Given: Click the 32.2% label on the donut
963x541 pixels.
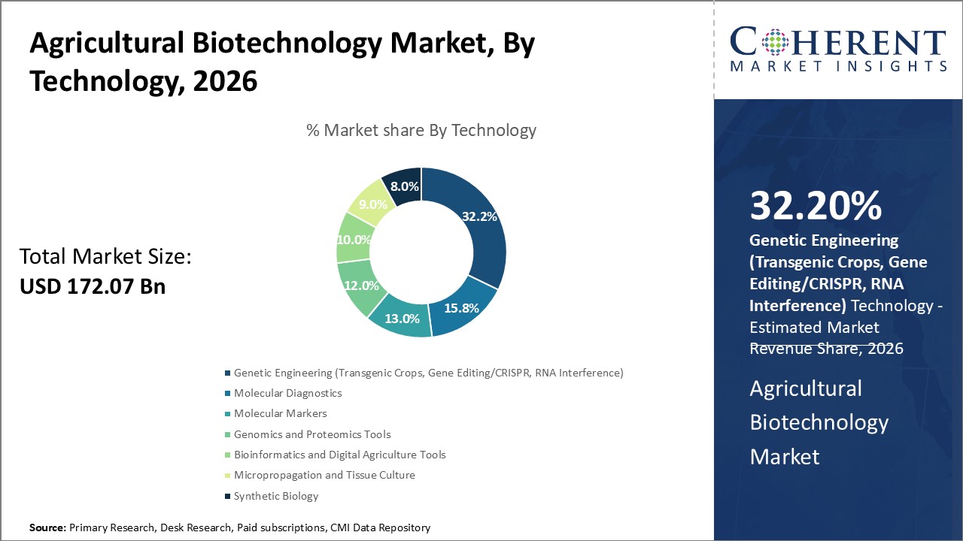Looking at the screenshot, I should pyautogui.click(x=480, y=216).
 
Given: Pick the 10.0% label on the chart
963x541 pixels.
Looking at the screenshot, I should pyautogui.click(x=354, y=240).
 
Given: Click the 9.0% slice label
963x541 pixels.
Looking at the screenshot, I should pyautogui.click(x=372, y=204).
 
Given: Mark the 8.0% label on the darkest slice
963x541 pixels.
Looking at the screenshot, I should pyautogui.click(x=404, y=186).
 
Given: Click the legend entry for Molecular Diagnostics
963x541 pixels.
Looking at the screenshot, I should pyautogui.click(x=287, y=393).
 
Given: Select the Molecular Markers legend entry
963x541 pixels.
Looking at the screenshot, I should pyautogui.click(x=280, y=413).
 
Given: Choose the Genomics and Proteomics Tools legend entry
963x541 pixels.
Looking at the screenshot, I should pyautogui.click(x=312, y=434).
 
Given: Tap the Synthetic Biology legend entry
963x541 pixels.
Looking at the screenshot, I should pyautogui.click(x=276, y=496).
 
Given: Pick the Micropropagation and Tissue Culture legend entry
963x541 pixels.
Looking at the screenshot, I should pyautogui.click(x=324, y=475).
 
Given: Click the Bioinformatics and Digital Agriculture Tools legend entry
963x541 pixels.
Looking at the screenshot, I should pyautogui.click(x=339, y=455).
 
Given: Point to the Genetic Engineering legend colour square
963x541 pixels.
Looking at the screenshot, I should pyautogui.click(x=227, y=373).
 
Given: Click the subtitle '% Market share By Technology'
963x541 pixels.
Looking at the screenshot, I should pyautogui.click(x=421, y=130).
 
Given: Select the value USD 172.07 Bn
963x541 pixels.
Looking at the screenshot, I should pyautogui.click(x=93, y=286).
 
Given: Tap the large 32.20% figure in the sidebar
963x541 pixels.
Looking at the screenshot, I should pyautogui.click(x=816, y=207).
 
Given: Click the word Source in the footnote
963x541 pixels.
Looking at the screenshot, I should pyautogui.click(x=47, y=528).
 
